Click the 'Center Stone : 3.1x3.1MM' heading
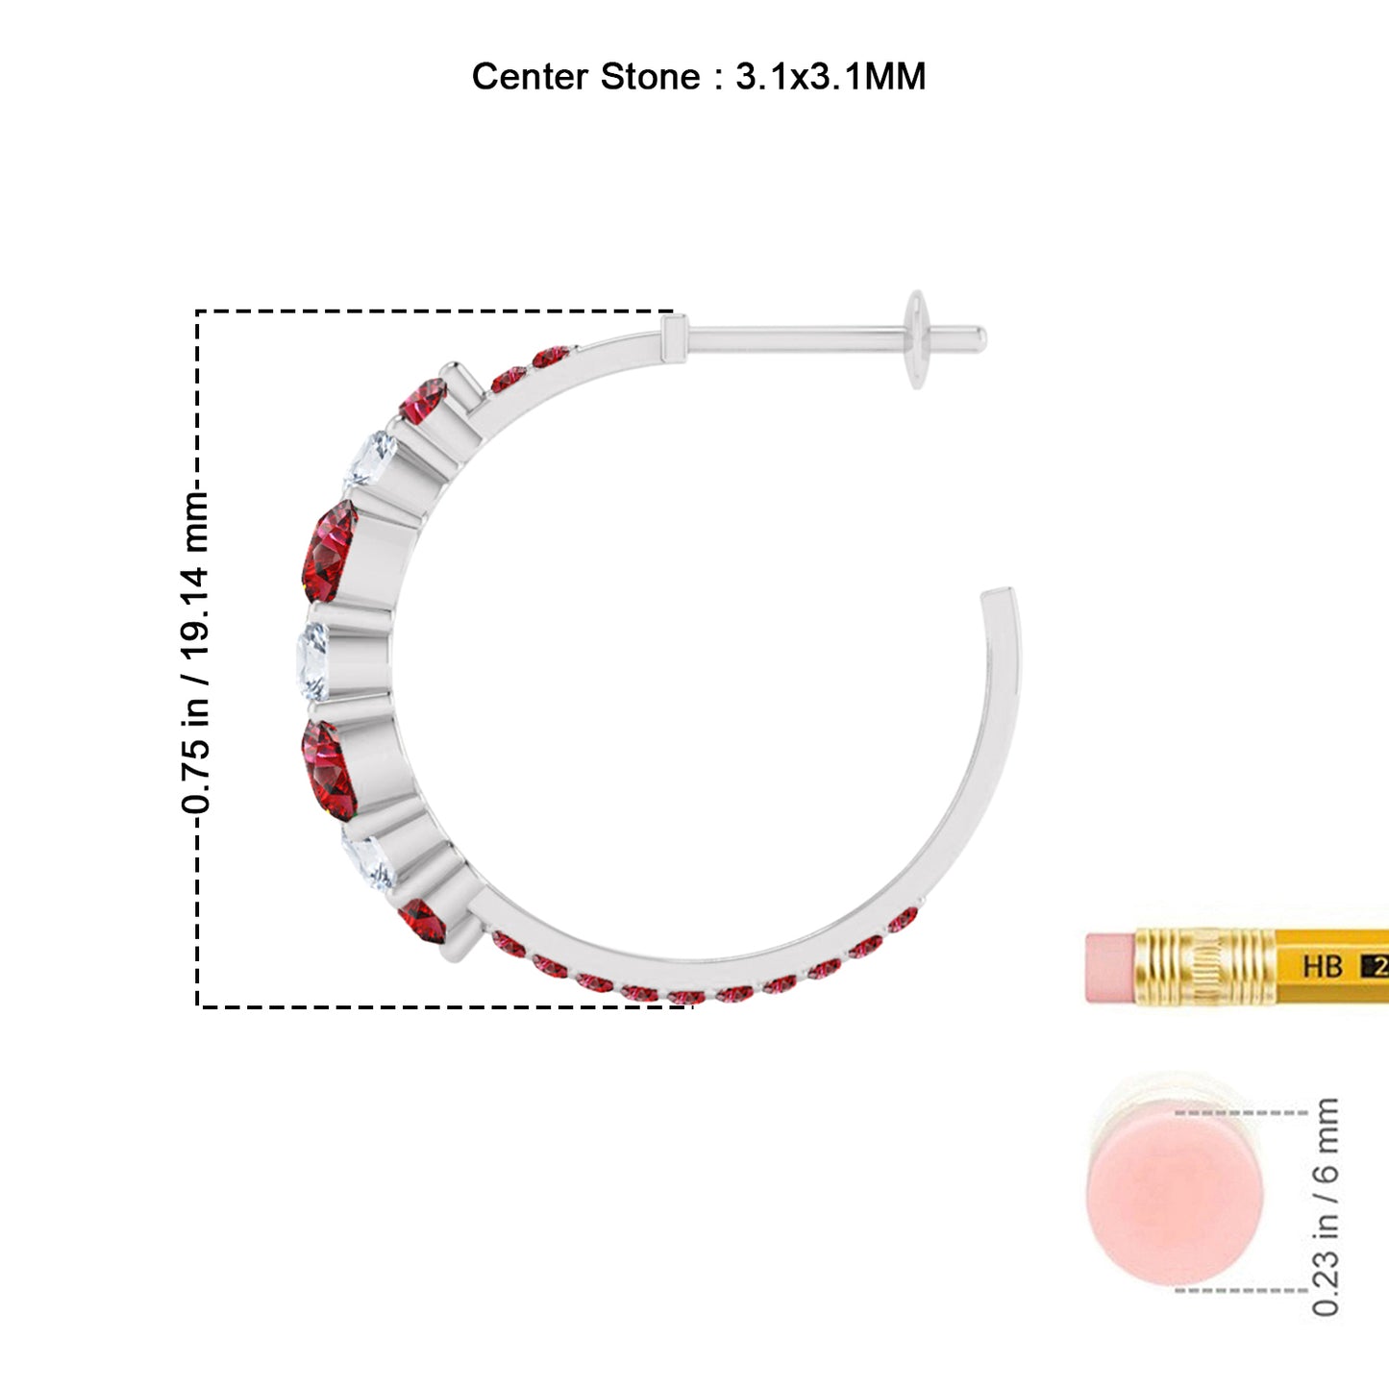coord(699,76)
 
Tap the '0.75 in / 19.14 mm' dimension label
coord(195,653)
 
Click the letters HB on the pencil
coord(1322,966)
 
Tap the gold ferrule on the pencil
coord(1205,966)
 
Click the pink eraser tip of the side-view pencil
coord(1111,967)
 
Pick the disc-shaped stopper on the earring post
coord(916,339)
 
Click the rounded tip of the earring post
coord(980,338)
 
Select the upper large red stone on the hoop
coord(330,551)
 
